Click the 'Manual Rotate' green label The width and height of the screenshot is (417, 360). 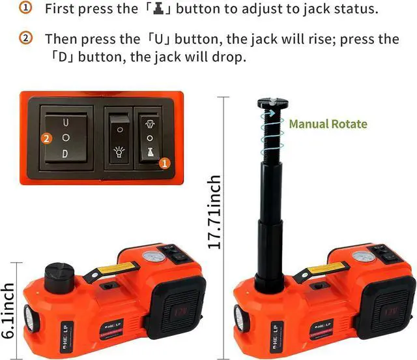(x=328, y=124)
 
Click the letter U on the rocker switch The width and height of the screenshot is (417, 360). (x=65, y=122)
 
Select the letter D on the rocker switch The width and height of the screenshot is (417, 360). (x=65, y=154)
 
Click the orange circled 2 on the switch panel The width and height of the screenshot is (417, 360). (x=46, y=138)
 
